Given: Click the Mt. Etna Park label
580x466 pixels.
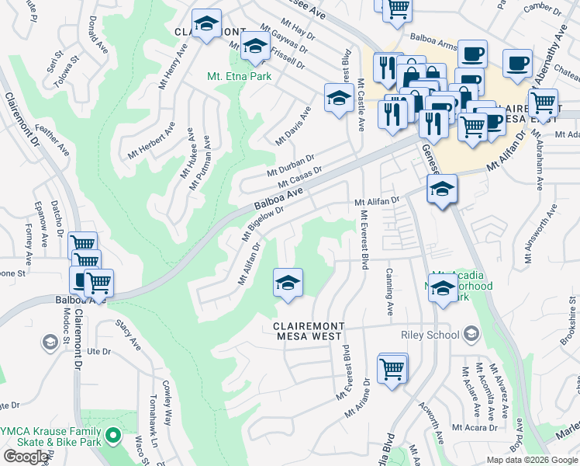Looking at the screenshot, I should (238, 77).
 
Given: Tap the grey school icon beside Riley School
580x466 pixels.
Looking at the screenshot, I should (471, 336).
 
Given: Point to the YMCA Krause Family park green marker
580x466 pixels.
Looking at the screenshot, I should (114, 436).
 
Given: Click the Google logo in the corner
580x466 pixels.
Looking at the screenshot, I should (26, 457).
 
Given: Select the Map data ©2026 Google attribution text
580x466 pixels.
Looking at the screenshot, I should (533, 460).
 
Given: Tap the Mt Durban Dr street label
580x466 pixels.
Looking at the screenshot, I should (290, 165).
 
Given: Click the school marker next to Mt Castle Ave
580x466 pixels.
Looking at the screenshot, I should (338, 98).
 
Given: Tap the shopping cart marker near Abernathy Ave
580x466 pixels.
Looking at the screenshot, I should (543, 101).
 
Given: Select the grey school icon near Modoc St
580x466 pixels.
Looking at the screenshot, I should (50, 343).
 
